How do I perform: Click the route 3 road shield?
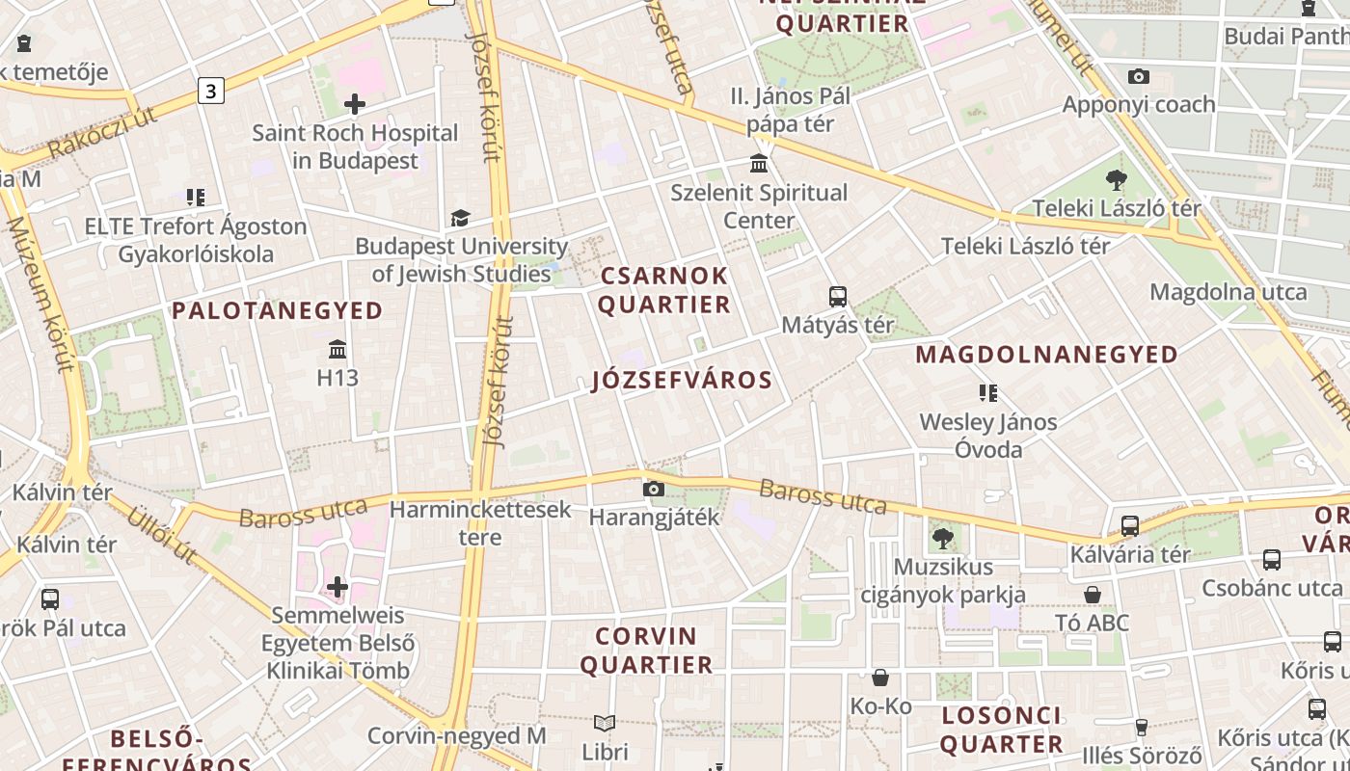211,92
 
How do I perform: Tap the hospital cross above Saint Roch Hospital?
355,104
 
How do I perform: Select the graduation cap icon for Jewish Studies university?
460,219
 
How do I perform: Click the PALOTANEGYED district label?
278,310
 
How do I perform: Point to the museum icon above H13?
337,349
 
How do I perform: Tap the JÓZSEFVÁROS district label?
682,380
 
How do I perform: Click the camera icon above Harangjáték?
654,490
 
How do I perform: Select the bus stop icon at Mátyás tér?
838,297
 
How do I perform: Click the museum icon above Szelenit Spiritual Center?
759,164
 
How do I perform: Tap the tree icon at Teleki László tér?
1117,179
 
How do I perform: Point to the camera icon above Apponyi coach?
1139,76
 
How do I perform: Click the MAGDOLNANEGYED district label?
1046,355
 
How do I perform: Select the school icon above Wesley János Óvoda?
988,393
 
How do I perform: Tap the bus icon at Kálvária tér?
1130,526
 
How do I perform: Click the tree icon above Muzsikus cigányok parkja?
942,539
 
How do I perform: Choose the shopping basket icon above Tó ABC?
1093,595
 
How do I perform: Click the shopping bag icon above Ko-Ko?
880,678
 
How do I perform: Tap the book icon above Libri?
605,723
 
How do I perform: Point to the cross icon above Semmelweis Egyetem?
337,586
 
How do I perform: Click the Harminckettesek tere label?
480,522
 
